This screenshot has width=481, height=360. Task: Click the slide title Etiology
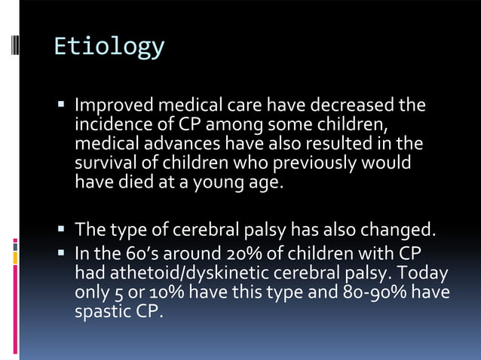pos(109,47)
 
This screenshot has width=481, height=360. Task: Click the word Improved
pos(110,105)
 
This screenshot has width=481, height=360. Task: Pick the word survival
pos(104,162)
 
